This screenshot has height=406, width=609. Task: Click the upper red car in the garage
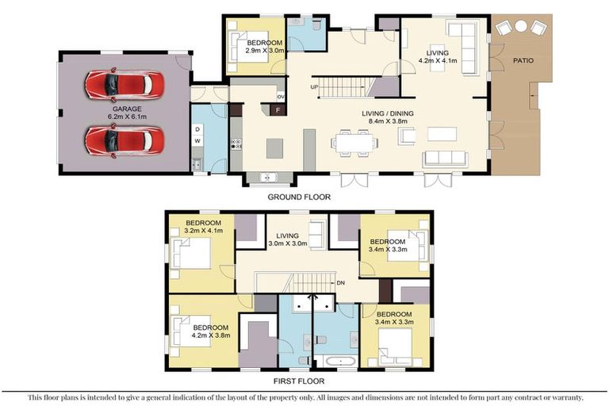pyautogui.click(x=124, y=83)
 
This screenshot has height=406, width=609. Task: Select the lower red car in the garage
pyautogui.click(x=124, y=140)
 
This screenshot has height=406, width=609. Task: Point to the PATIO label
pyautogui.click(x=522, y=60)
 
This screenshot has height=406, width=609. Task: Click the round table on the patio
pyautogui.click(x=521, y=26)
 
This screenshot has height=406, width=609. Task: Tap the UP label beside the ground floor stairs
pyautogui.click(x=314, y=86)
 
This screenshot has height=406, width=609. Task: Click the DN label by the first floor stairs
pyautogui.click(x=341, y=282)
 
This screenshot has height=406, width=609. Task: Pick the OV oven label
pyautogui.click(x=280, y=97)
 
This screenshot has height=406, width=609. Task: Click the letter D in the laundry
pyautogui.click(x=197, y=128)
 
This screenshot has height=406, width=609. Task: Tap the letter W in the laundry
pyautogui.click(x=197, y=143)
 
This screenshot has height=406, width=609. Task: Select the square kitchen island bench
pyautogui.click(x=274, y=147)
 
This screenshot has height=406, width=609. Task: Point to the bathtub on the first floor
pyautogui.click(x=340, y=361)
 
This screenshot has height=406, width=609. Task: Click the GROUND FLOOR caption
pyautogui.click(x=299, y=197)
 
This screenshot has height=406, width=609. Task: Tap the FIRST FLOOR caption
pyautogui.click(x=299, y=381)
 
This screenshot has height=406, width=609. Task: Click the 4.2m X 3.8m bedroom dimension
pyautogui.click(x=210, y=335)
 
